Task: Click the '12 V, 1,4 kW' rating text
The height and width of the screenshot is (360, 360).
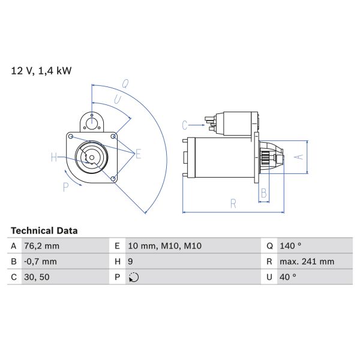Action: pyautogui.click(x=41, y=71)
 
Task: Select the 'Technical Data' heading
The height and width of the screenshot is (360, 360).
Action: pyautogui.click(x=44, y=230)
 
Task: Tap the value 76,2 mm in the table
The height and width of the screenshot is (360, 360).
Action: pyautogui.click(x=42, y=246)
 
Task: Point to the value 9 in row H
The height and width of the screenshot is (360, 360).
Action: pyautogui.click(x=132, y=262)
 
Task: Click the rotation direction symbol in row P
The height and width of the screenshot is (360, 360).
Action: pyautogui.click(x=134, y=277)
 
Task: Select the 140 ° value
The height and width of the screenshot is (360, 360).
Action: pyautogui.click(x=290, y=246)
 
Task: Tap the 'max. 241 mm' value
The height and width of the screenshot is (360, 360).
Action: pyautogui.click(x=307, y=262)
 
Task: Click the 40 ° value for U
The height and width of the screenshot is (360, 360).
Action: pyautogui.click(x=288, y=277)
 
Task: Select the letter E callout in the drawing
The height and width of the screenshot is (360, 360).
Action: pyautogui.click(x=138, y=154)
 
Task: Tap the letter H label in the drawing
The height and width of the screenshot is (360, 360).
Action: pyautogui.click(x=54, y=158)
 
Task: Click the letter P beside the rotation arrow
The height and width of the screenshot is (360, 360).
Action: pyautogui.click(x=66, y=187)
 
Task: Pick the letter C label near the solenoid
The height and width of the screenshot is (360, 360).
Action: pyautogui.click(x=185, y=125)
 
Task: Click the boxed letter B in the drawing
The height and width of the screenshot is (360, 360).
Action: pyautogui.click(x=263, y=193)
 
